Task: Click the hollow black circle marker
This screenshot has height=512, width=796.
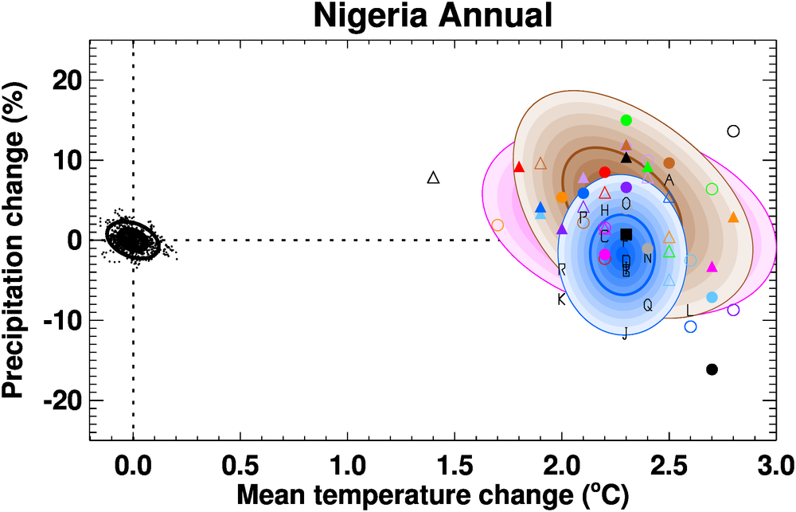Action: [x=733, y=131]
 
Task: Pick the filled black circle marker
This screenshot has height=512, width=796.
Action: [x=712, y=369]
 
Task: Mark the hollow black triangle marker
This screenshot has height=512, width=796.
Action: [x=433, y=178]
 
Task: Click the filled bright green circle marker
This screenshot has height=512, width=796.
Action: [x=626, y=120]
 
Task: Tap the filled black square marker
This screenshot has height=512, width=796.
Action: [x=626, y=234]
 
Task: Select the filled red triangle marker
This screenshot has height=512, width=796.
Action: [x=519, y=167]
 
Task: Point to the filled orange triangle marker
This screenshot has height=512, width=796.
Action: [x=733, y=217]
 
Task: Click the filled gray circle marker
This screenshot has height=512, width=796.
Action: [x=647, y=248]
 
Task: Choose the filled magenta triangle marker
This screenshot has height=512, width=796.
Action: [x=712, y=267]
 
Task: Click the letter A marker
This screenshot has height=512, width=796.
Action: [x=669, y=180]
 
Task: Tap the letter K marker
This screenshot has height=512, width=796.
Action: [x=561, y=299]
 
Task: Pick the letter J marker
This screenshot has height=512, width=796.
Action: [x=626, y=333]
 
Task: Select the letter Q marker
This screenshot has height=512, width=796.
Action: [x=647, y=305]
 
